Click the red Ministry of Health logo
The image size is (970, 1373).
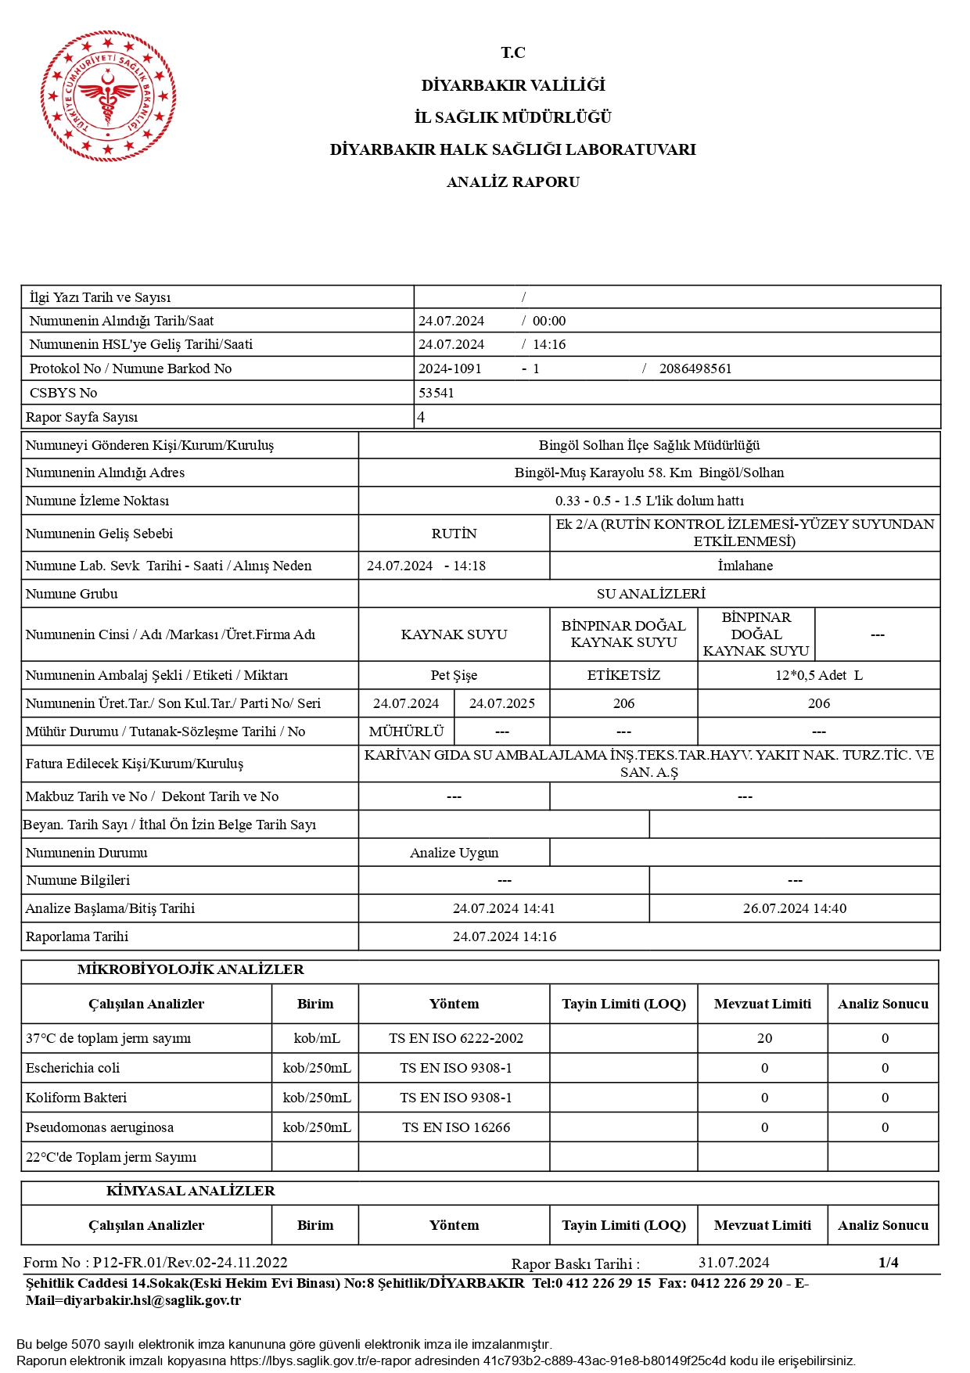click(x=108, y=96)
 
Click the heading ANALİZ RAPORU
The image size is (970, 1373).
click(x=512, y=182)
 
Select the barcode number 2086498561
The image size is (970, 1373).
click(x=695, y=368)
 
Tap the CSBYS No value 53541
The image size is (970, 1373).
click(x=436, y=393)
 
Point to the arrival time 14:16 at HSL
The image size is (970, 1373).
click(x=548, y=344)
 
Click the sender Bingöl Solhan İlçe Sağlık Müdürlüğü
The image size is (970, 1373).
click(x=648, y=445)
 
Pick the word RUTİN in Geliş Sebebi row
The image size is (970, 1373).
click(x=454, y=534)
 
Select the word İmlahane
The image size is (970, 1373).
click(x=745, y=566)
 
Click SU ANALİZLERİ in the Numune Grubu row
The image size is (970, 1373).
click(x=650, y=594)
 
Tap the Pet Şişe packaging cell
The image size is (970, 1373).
click(x=454, y=675)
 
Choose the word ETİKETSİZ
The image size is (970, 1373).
click(x=623, y=675)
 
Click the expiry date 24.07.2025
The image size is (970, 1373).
click(x=501, y=703)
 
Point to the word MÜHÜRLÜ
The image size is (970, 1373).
click(x=406, y=731)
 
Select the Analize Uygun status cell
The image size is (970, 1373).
click(x=454, y=853)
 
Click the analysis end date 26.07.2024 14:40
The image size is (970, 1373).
click(x=794, y=908)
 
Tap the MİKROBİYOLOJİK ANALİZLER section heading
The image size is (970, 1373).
click(x=190, y=970)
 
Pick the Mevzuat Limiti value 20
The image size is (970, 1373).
click(x=764, y=1038)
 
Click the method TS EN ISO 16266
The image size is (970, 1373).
click(x=455, y=1127)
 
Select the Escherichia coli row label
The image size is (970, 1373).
click(x=73, y=1068)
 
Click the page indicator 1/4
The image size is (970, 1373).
click(x=888, y=1262)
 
